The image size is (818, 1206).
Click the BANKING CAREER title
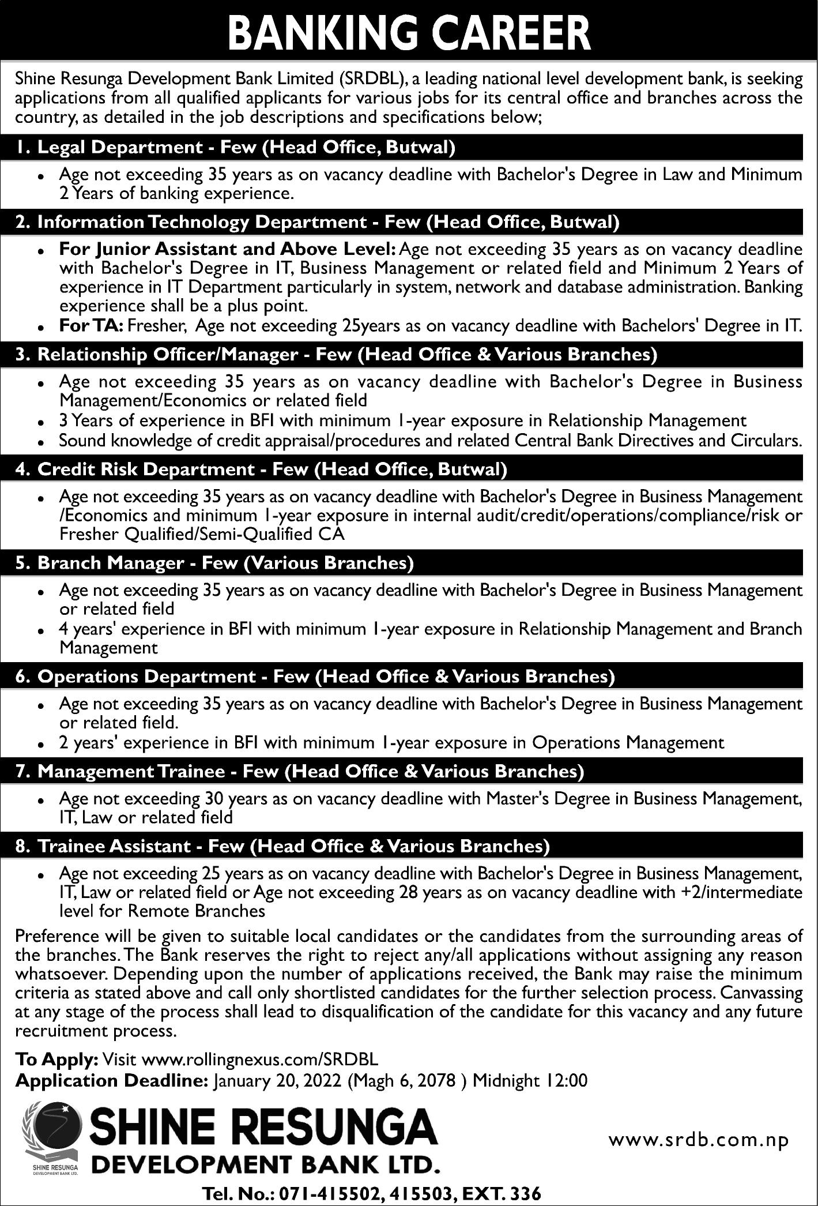pos(409,33)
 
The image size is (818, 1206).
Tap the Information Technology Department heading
pos(318,223)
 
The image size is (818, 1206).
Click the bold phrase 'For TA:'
pos(91,326)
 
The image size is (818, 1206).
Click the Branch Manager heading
pos(215,563)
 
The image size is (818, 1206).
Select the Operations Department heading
pos(315,677)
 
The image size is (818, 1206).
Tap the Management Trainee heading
pos(300,772)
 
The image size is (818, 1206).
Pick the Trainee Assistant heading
pos(282,846)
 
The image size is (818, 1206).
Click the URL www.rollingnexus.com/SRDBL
pos(259,1059)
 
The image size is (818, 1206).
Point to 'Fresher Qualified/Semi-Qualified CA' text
pos(202,534)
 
